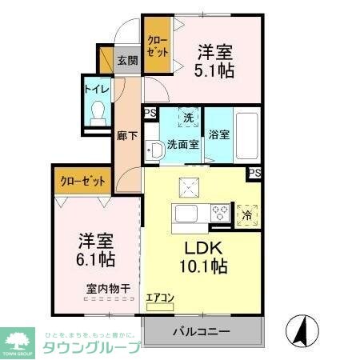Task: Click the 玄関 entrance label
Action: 126,60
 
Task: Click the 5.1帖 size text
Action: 215,70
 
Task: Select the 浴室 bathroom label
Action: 219,134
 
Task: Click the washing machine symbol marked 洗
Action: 188,118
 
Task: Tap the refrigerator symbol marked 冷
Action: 248,214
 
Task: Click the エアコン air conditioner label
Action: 160,298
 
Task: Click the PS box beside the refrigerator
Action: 254,173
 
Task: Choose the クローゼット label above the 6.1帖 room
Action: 83,181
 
